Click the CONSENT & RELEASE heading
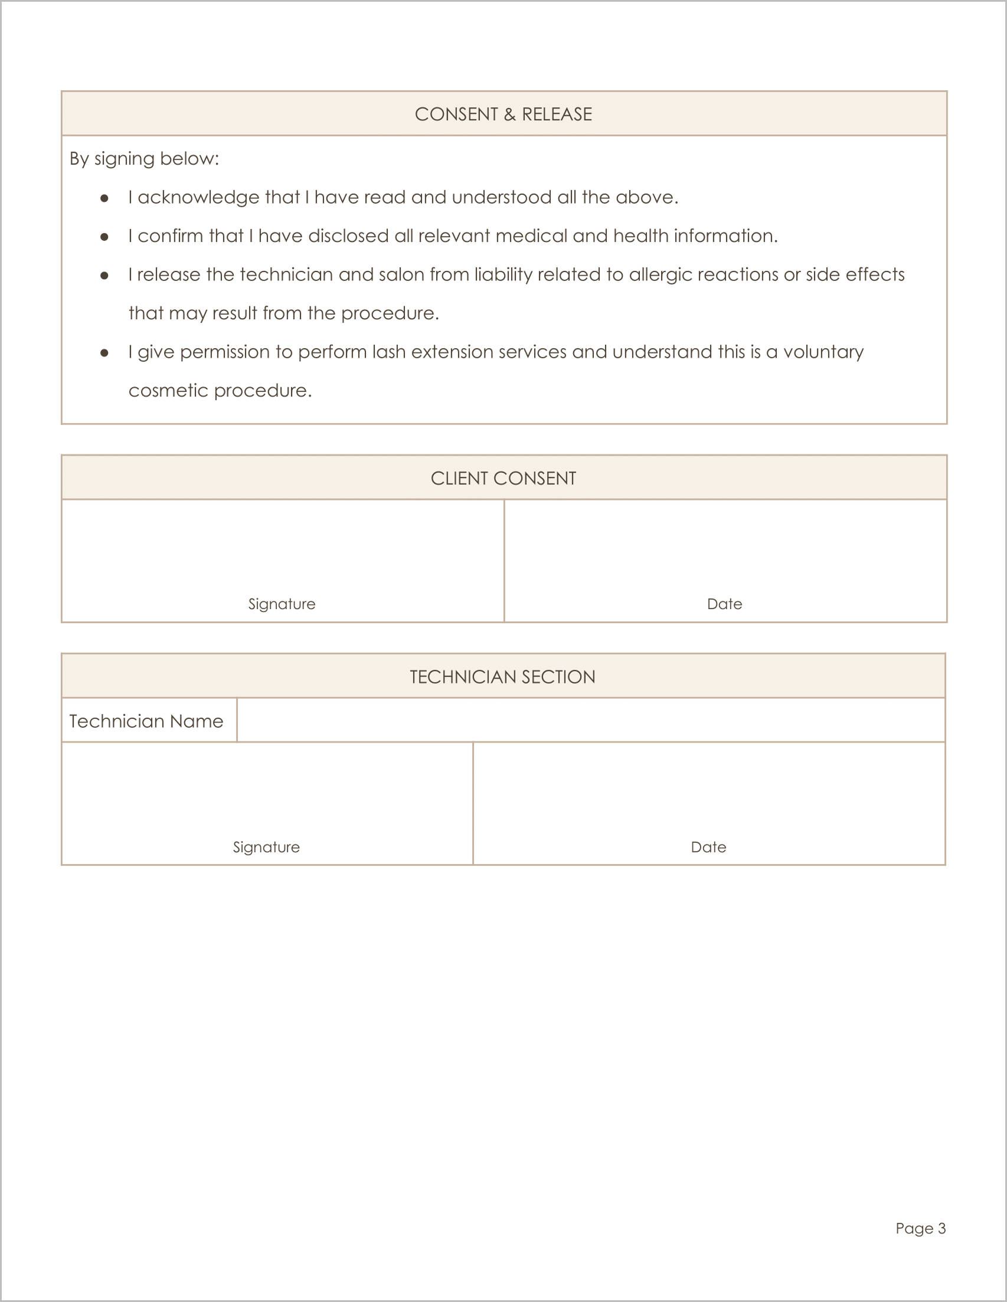tap(503, 114)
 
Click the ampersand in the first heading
tap(509, 114)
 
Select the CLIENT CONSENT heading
tap(503, 478)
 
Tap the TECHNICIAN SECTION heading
tap(502, 676)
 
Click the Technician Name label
tap(146, 721)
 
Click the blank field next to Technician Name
tap(590, 720)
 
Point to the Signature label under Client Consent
tap(282, 604)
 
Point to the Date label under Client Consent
tap(724, 604)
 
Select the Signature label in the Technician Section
tap(266, 847)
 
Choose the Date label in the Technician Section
tap(708, 847)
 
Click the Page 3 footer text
tap(921, 1228)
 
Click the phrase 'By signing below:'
tap(144, 159)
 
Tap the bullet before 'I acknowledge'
tap(104, 198)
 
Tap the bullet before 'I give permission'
tap(104, 353)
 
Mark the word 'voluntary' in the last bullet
tap(823, 352)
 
